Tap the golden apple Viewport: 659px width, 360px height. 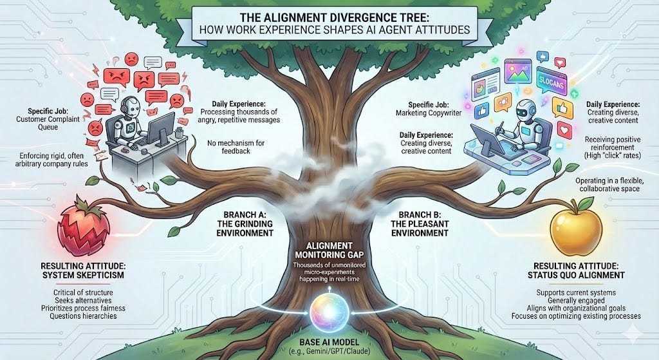[576, 227]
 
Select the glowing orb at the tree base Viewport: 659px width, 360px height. [329, 313]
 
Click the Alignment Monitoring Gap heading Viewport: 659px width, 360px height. [329, 251]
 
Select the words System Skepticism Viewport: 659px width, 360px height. [83, 275]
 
